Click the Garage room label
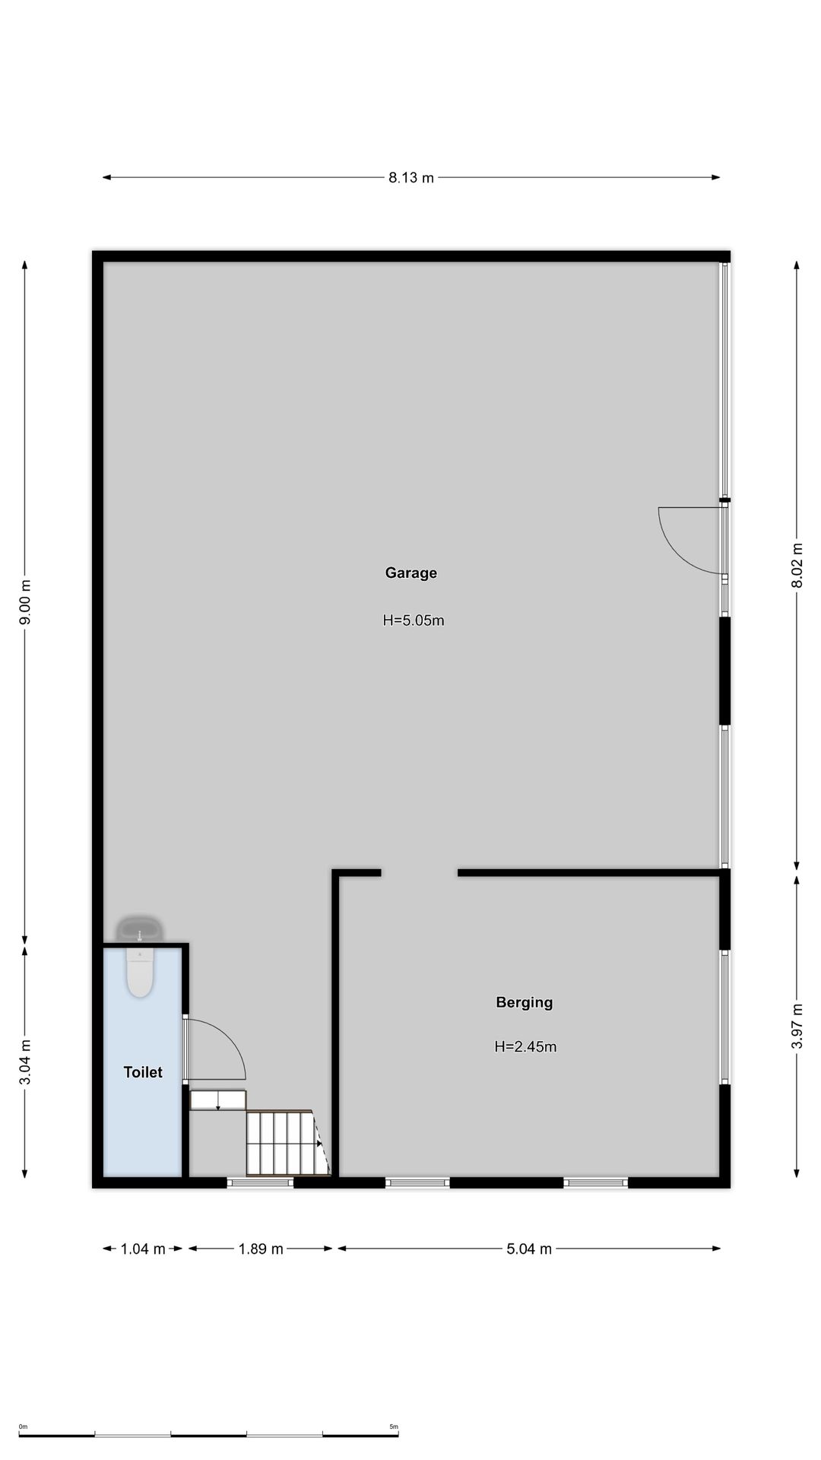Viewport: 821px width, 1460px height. click(410, 573)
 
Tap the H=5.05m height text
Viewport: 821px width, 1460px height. click(414, 620)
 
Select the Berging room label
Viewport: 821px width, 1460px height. click(525, 1002)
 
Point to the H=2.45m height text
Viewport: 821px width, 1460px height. click(525, 1046)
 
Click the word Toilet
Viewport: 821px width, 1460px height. click(143, 1072)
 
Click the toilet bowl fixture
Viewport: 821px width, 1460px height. click(140, 973)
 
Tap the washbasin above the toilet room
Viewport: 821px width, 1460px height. click(139, 929)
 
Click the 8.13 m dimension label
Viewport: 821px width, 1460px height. click(411, 178)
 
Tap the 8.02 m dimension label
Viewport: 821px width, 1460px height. click(797, 565)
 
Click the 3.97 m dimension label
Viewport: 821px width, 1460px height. click(797, 1026)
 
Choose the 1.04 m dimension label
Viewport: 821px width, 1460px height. click(143, 1249)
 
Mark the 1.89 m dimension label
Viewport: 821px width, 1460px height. click(261, 1249)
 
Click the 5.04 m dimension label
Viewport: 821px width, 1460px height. click(529, 1249)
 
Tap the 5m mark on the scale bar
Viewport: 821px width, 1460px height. click(394, 1427)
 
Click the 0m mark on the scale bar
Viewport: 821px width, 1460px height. click(23, 1427)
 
